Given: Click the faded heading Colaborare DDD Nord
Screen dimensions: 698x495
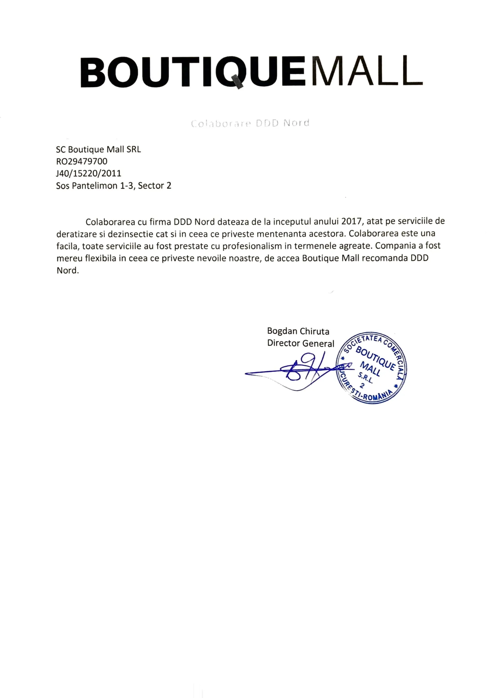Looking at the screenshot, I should (x=250, y=123).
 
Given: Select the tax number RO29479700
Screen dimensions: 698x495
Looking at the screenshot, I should (x=82, y=161).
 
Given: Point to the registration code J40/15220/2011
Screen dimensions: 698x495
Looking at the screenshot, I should (x=88, y=173).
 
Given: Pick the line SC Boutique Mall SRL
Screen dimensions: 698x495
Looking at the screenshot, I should (x=98, y=149).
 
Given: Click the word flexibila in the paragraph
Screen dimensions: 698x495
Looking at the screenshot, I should (x=101, y=258).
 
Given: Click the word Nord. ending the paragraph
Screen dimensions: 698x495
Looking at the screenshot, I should (x=68, y=271).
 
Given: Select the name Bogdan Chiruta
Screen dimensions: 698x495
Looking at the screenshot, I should (x=298, y=331).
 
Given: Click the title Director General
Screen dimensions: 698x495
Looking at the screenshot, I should (x=301, y=343).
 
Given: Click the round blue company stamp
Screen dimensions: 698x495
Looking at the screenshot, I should (x=371, y=367).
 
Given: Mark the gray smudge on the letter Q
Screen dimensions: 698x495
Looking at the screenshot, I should (x=238, y=81).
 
